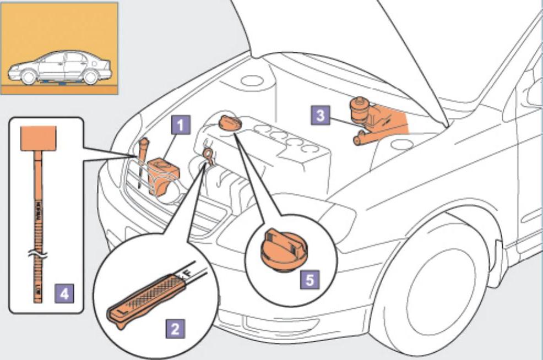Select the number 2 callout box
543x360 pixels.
[x=175, y=329]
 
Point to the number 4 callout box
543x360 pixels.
[x=64, y=294]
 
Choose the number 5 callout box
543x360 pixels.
[x=309, y=280]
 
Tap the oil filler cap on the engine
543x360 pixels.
[x=229, y=123]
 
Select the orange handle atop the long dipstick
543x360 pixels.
[x=38, y=138]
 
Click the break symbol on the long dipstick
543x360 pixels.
[x=38, y=255]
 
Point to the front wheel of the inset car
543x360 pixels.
[x=28, y=78]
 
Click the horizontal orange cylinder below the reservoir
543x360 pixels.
[x=368, y=138]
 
